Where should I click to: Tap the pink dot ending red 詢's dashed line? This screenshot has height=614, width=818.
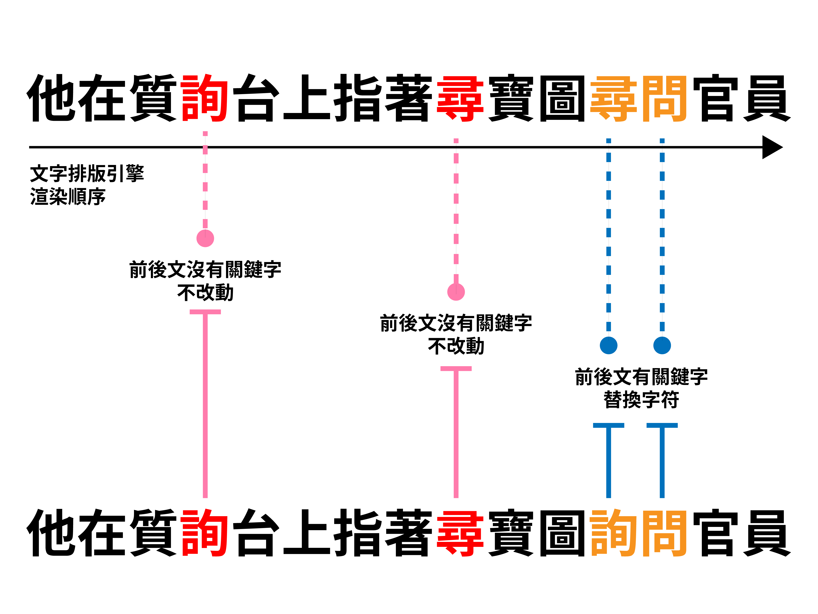click(x=205, y=238)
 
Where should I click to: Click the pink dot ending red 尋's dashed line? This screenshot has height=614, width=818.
click(x=456, y=292)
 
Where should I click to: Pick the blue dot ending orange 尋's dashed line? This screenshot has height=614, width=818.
click(x=608, y=345)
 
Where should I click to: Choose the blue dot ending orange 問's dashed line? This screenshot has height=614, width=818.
click(x=662, y=345)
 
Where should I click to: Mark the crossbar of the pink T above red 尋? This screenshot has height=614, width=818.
click(x=456, y=369)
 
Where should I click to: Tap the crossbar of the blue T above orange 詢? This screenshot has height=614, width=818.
click(x=608, y=425)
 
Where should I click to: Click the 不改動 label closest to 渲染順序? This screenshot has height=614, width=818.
click(x=205, y=293)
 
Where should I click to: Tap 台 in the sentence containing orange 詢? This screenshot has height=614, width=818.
click(x=256, y=533)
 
